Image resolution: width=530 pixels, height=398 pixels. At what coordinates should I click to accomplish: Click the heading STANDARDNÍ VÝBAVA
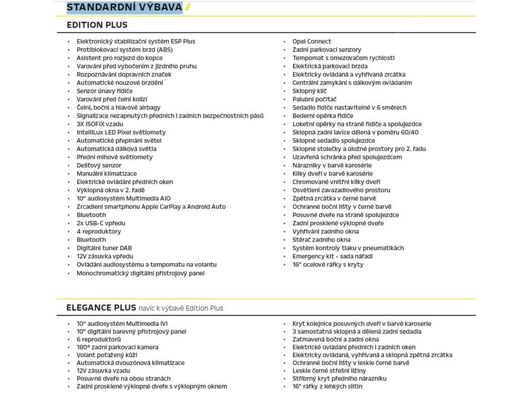point(124,7)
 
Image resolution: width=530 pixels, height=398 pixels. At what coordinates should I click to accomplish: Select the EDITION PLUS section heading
point(97,25)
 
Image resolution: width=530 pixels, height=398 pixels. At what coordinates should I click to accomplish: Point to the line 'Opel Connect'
point(312,41)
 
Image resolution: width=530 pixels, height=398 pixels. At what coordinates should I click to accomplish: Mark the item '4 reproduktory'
point(99,231)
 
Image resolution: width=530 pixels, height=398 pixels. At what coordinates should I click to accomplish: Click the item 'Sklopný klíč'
point(310,91)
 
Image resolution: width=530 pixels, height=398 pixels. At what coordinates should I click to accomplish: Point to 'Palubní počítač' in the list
point(314,99)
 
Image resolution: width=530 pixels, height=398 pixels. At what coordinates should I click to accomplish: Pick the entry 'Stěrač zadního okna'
point(321,240)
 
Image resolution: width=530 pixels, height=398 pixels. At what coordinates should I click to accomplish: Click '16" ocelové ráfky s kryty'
point(328,264)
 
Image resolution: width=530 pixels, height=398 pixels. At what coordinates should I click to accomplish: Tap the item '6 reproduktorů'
point(99,340)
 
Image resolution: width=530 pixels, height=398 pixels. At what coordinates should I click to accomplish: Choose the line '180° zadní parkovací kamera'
point(118,348)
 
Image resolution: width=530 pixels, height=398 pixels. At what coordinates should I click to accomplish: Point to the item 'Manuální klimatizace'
point(107,174)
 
